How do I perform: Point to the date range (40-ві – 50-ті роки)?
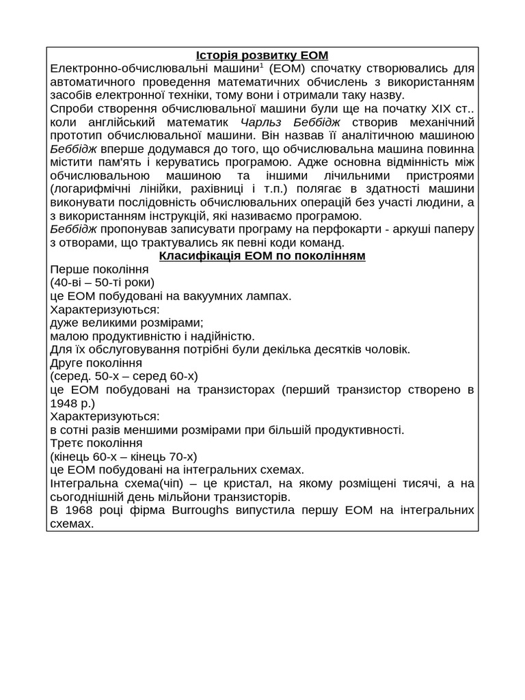tap(103, 282)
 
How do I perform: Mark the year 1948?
tap(64, 403)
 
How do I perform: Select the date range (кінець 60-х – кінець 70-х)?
tap(123, 456)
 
